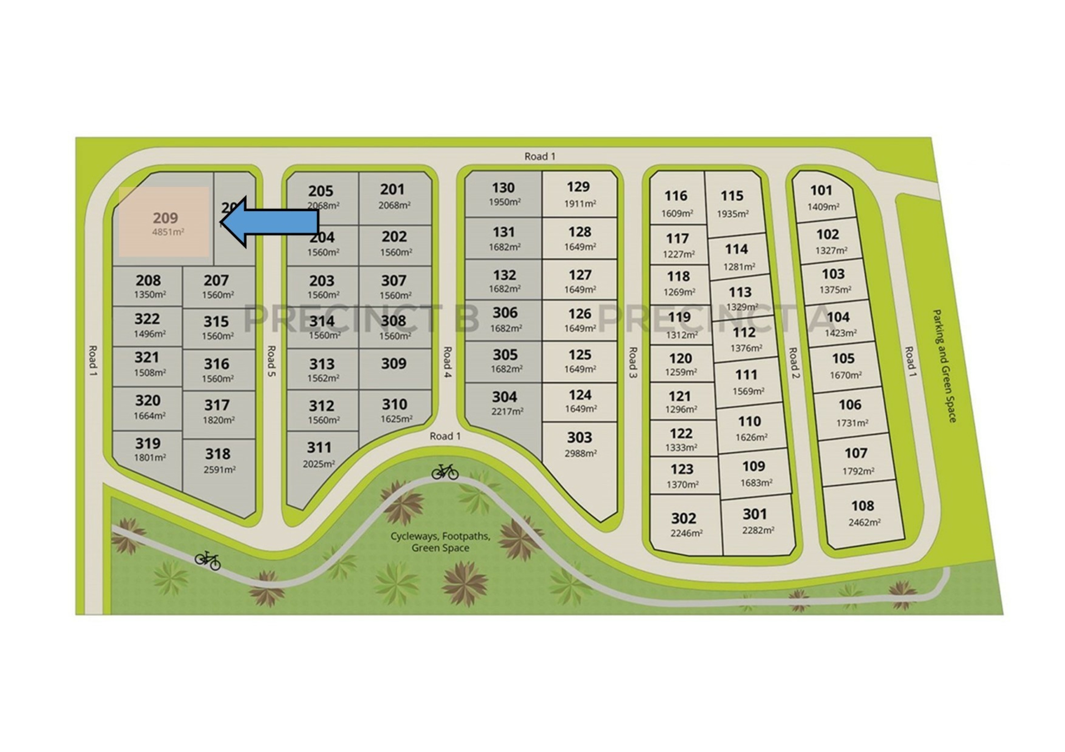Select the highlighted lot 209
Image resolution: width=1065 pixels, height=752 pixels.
click(x=164, y=222)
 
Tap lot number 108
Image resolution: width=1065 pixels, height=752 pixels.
click(x=862, y=506)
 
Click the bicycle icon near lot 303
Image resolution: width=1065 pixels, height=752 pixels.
click(x=445, y=472)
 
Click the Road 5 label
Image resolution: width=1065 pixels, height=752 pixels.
click(x=271, y=361)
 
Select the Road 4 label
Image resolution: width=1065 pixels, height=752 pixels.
click(x=447, y=362)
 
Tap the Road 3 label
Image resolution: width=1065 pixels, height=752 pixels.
click(x=632, y=362)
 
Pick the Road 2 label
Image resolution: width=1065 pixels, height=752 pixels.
click(x=794, y=363)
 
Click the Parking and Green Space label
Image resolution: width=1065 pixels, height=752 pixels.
click(x=944, y=366)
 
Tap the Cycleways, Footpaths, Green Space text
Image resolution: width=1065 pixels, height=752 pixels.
click(x=440, y=542)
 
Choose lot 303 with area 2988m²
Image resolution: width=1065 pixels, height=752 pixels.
click(x=580, y=444)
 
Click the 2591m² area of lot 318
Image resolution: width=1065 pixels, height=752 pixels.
click(x=220, y=470)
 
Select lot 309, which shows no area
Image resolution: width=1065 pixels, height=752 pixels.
click(x=394, y=364)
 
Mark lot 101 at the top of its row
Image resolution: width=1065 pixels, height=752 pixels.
click(x=822, y=197)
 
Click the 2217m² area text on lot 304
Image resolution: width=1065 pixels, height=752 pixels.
click(x=506, y=411)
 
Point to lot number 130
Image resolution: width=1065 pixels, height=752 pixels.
click(x=503, y=188)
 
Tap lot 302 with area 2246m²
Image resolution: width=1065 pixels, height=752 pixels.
click(x=685, y=524)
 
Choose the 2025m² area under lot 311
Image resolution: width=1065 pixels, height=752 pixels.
click(x=318, y=464)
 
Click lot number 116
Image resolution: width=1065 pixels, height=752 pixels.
click(x=676, y=196)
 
